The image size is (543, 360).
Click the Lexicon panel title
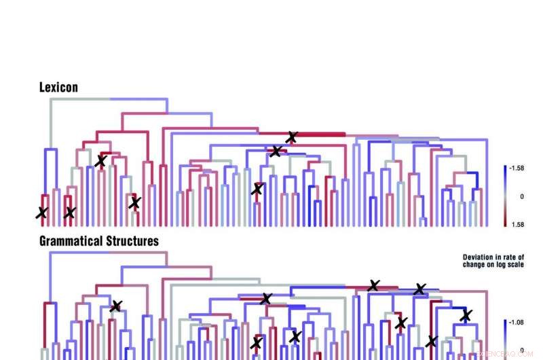pyautogui.click(x=58, y=88)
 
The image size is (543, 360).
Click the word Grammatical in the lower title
pyautogui.click(x=71, y=241)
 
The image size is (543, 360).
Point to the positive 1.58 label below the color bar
pyautogui.click(x=517, y=224)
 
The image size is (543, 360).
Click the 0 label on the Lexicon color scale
pyautogui.click(x=521, y=196)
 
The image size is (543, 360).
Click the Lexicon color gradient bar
pyautogui.click(x=506, y=196)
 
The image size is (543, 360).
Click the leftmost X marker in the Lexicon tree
pyautogui.click(x=41, y=213)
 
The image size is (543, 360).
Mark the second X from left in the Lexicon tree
pyautogui.click(x=69, y=213)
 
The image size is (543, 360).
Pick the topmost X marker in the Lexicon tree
pyautogui.click(x=292, y=137)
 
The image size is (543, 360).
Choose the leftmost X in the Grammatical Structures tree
pyautogui.click(x=116, y=306)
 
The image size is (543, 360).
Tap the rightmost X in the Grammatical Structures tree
pyautogui.click(x=466, y=315)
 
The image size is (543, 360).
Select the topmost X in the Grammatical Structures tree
pyautogui.click(x=373, y=285)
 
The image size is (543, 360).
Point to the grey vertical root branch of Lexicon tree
pyautogui.click(x=48, y=122)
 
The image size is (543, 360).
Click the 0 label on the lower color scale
pyautogui.click(x=521, y=350)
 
